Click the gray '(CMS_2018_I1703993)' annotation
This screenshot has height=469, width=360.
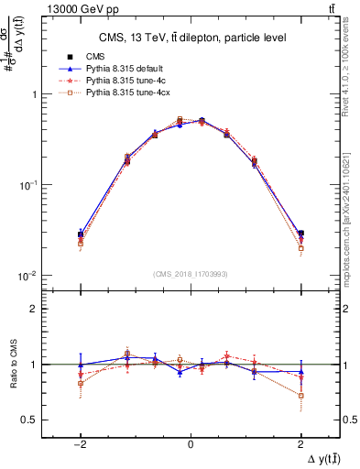coord(191,275)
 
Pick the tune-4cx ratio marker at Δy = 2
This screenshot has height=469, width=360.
coord(300,395)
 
